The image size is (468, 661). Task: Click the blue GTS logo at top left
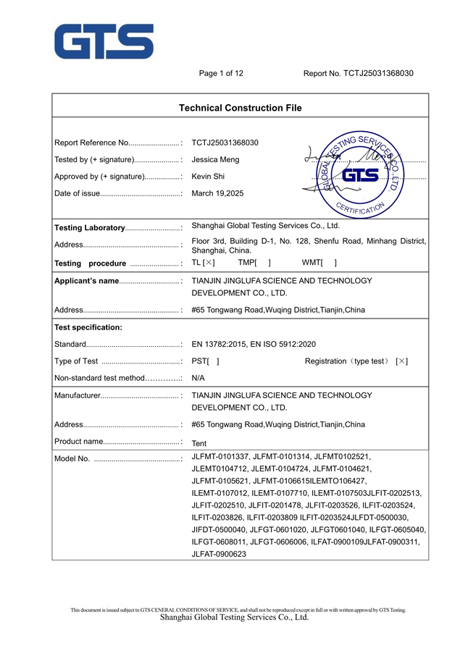(104, 41)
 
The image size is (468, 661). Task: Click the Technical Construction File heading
(240, 108)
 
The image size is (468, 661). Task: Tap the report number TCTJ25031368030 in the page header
(378, 73)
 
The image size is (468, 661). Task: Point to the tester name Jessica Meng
(215, 159)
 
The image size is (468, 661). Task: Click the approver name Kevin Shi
(209, 176)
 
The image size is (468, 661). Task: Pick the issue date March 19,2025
(217, 193)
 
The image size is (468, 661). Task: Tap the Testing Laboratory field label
(90, 228)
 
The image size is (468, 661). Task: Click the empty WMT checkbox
(330, 263)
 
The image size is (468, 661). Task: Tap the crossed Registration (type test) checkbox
(401, 361)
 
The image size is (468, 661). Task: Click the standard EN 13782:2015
(220, 344)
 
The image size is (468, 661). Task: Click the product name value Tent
(200, 442)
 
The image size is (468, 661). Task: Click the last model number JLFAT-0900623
(219, 554)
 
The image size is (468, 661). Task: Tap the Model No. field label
(72, 459)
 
